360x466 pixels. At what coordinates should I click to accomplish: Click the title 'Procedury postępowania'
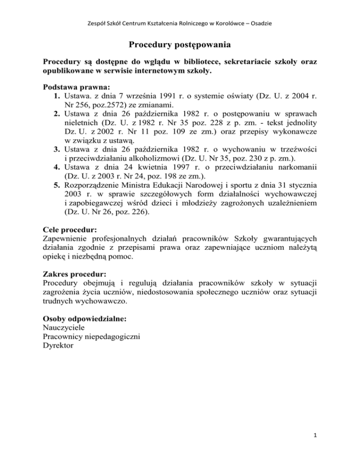180,45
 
